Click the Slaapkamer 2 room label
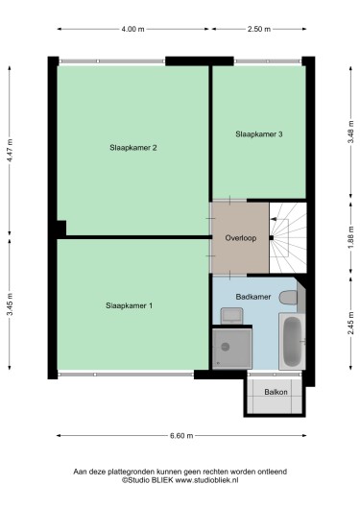click(133, 148)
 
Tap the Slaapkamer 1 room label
click(129, 305)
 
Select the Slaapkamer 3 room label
click(259, 134)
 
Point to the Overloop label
click(241, 238)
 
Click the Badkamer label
click(253, 297)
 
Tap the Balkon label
click(276, 392)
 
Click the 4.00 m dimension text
click(132, 29)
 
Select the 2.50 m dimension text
click(259, 29)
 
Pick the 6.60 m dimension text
click(181, 436)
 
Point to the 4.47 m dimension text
click(10, 150)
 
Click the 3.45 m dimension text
click(10, 304)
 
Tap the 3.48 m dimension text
click(351, 132)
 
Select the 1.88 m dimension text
click(351, 238)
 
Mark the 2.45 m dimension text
click(351, 323)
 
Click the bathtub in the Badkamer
click(292, 341)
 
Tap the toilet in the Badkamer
click(289, 298)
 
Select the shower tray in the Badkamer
click(232, 349)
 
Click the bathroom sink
click(231, 316)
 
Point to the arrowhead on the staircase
click(274, 219)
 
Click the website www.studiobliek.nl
click(206, 480)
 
